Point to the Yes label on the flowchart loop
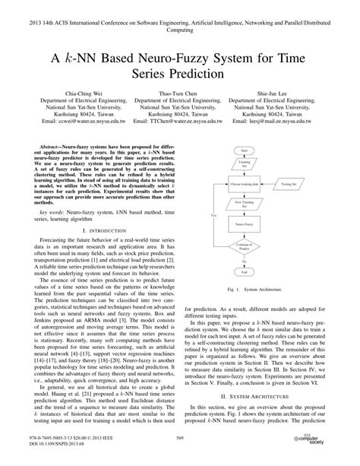[x=213, y=217]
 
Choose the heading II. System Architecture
[x=270, y=417]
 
